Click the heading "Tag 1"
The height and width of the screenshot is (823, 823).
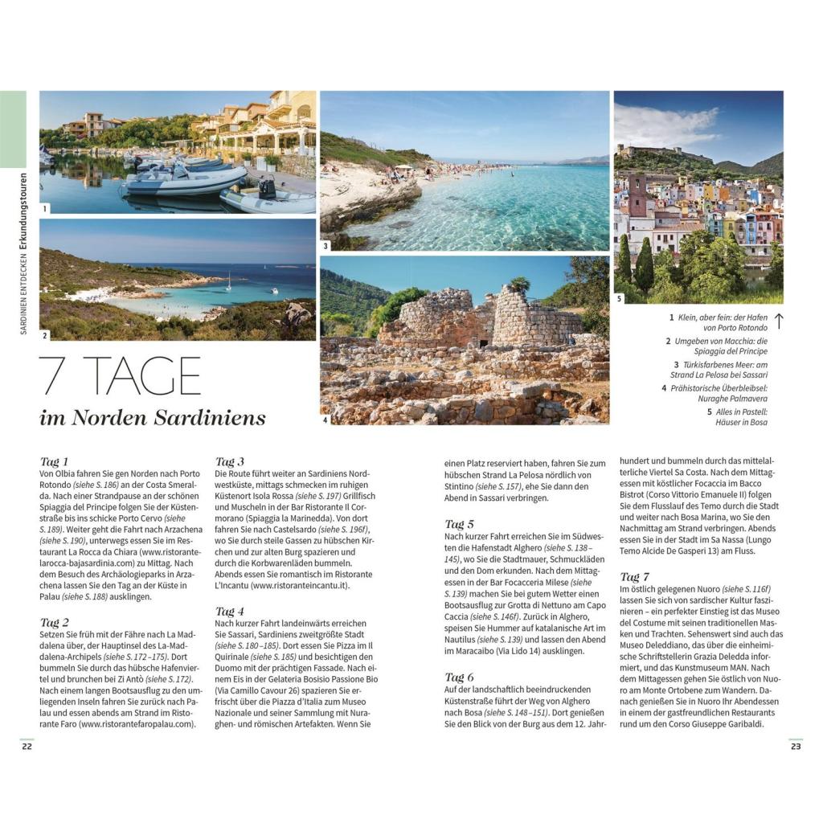coord(55,461)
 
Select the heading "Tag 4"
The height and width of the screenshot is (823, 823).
coord(230,611)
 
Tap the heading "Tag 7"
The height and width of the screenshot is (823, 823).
coord(634,577)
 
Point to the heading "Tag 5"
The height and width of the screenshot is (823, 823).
coord(459,524)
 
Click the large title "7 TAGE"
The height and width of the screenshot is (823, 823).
coord(121,375)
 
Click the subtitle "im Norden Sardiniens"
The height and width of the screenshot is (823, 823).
coord(152,418)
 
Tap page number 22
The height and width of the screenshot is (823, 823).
coord(27,747)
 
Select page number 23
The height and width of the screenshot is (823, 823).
coord(796,747)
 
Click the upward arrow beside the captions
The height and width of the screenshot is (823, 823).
coord(778,321)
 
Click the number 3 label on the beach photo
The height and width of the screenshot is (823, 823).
coord(326,246)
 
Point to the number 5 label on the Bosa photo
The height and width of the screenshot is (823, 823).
coord(619,299)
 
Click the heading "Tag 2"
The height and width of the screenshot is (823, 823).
coord(55,622)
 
